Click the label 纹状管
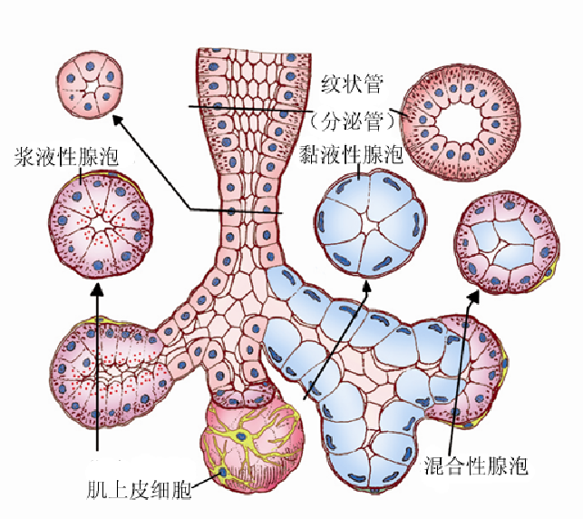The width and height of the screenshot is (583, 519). tap(354, 87)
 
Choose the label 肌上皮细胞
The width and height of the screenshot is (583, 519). tap(140, 491)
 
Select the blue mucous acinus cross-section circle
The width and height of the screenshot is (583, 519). tap(368, 223)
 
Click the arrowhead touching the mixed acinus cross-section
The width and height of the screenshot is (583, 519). tap(473, 296)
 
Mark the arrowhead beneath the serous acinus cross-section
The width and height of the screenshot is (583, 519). tap(97, 289)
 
